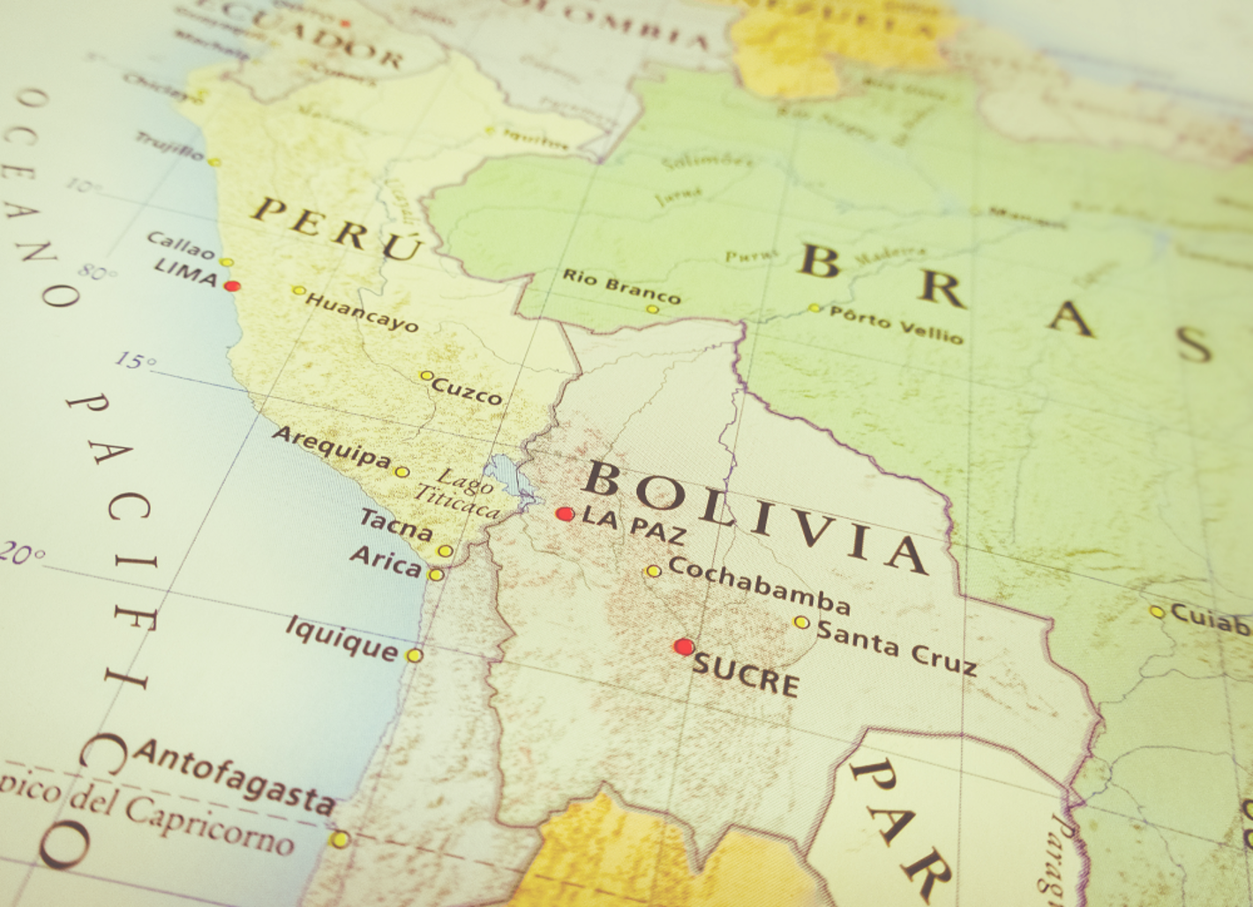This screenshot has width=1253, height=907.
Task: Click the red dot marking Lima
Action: click(232, 286)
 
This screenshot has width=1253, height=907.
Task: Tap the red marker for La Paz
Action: click(565, 513)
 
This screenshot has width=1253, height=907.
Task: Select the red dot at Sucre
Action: click(683, 647)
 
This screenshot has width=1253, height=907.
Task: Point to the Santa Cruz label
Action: click(897, 647)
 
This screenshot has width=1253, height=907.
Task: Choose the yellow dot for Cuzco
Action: click(425, 376)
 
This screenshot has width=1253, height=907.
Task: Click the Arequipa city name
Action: click(331, 446)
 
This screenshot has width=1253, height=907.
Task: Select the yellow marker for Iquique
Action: click(415, 656)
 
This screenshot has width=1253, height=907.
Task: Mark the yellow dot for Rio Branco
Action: click(652, 309)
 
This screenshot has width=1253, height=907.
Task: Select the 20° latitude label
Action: click(21, 553)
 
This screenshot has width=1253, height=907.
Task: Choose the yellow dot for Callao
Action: click(227, 262)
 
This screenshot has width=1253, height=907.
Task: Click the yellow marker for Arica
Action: click(436, 574)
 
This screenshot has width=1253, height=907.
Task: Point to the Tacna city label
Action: click(396, 525)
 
